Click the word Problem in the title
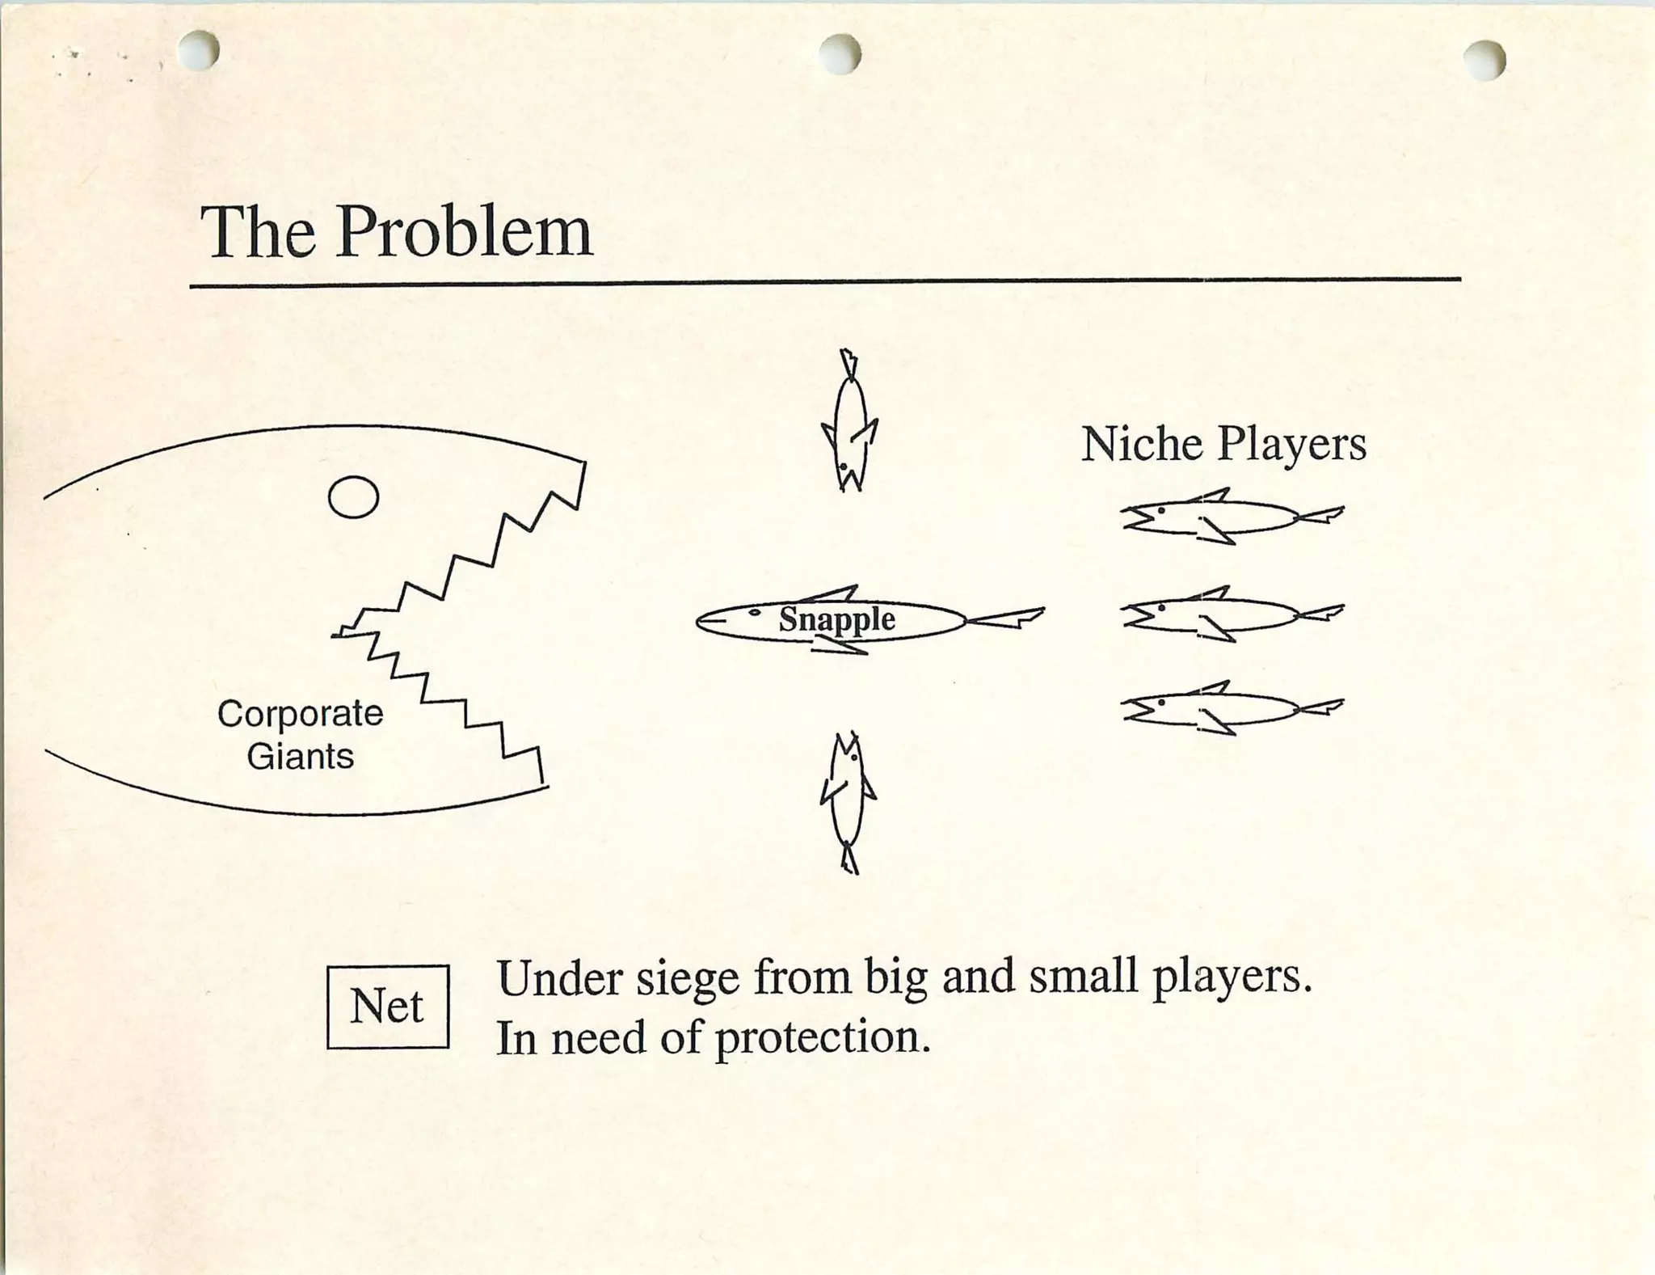(x=465, y=231)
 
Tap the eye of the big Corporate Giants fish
(x=353, y=496)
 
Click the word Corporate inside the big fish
(x=301, y=715)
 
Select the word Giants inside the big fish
(x=301, y=756)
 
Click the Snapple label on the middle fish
(x=837, y=621)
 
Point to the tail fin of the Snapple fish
(x=1006, y=618)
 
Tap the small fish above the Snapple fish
(x=849, y=420)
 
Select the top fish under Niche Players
(x=1232, y=517)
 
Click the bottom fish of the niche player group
(x=1232, y=708)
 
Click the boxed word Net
(x=386, y=1007)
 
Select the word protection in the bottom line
(x=823, y=1038)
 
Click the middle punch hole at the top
(x=840, y=53)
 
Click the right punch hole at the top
(x=1484, y=61)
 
